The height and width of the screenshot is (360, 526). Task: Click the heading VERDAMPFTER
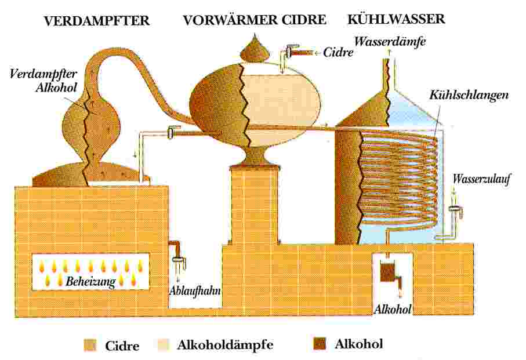(97, 21)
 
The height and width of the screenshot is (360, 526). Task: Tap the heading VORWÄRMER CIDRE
(255, 20)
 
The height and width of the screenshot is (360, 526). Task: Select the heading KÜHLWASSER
(396, 19)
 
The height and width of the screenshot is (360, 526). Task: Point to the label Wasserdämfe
(390, 42)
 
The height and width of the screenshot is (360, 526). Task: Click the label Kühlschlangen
(469, 95)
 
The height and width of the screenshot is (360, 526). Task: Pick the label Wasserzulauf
(481, 179)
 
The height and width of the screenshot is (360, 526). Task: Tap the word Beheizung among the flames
(90, 281)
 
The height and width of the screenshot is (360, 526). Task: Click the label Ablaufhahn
(195, 290)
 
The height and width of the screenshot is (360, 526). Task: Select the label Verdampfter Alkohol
(43, 81)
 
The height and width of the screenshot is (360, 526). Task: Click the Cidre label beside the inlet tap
(338, 52)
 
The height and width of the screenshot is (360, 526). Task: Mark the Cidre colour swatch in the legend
(90, 346)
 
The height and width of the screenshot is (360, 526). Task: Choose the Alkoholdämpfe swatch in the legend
(164, 344)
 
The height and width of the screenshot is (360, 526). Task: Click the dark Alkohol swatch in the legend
(320, 344)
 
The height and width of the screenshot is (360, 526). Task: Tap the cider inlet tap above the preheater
(293, 52)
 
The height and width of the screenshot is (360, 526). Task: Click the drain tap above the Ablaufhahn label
(177, 254)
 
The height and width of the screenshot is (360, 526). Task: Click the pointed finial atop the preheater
(254, 48)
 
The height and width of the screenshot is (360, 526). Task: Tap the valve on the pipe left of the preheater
(172, 132)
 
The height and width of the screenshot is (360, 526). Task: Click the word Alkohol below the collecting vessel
(392, 310)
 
